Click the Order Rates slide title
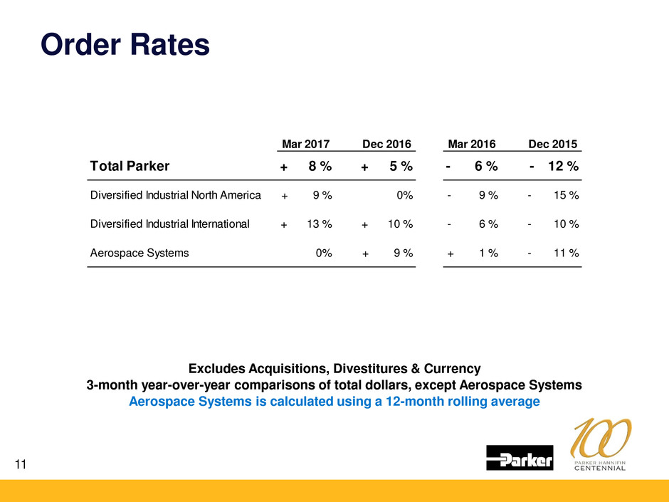[x=125, y=45]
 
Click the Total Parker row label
[x=130, y=167]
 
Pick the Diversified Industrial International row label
[x=170, y=224]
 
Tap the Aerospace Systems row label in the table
[x=139, y=253]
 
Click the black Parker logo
[x=520, y=458]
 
